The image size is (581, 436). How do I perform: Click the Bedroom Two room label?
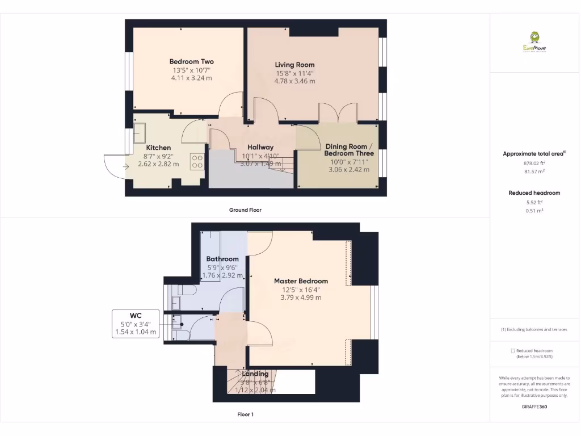coord(191,61)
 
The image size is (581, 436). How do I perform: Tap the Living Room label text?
coord(294,65)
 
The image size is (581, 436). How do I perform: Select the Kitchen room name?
coord(158,148)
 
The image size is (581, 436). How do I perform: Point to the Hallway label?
coord(260,147)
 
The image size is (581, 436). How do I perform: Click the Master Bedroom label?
coord(301,281)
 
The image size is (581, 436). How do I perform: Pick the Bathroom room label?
coord(222,259)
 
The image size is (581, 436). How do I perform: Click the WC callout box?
coord(136,324)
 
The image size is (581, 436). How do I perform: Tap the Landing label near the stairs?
coord(255,374)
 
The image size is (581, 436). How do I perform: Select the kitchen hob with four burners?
coord(197,162)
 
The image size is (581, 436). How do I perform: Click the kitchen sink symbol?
coord(139,134)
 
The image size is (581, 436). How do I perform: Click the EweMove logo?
coord(534,43)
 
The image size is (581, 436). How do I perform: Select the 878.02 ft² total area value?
coord(534,163)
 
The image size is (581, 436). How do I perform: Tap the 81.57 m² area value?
coord(534,171)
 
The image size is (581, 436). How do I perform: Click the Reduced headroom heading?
coord(534,193)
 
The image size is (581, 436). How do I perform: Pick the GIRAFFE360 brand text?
coord(534,406)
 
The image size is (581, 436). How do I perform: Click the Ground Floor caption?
coord(245,210)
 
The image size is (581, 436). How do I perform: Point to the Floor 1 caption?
coord(245,414)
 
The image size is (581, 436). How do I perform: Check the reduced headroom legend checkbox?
coord(513,351)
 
